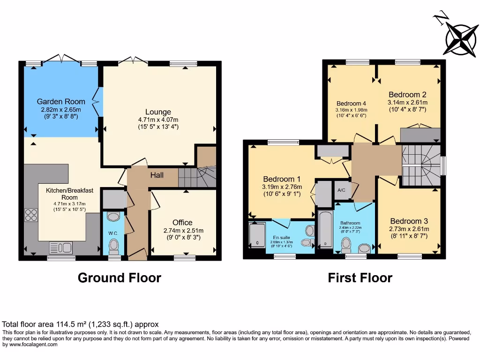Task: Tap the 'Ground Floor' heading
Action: tap(119, 278)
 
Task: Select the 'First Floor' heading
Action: tap(360, 278)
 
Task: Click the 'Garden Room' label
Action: tap(61, 101)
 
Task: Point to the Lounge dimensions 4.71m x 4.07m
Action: tap(158, 120)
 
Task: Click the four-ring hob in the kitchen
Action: tap(31, 215)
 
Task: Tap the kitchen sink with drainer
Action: tap(60, 247)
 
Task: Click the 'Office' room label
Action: tap(182, 223)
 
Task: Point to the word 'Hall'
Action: tap(157, 175)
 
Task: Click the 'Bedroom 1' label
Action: tap(282, 179)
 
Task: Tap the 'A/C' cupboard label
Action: tap(342, 191)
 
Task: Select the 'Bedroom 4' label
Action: tap(351, 104)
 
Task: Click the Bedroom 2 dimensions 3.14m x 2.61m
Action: tap(407, 102)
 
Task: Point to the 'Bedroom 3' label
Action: tap(409, 221)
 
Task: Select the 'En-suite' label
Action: tap(281, 237)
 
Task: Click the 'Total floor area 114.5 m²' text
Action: tap(81, 324)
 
